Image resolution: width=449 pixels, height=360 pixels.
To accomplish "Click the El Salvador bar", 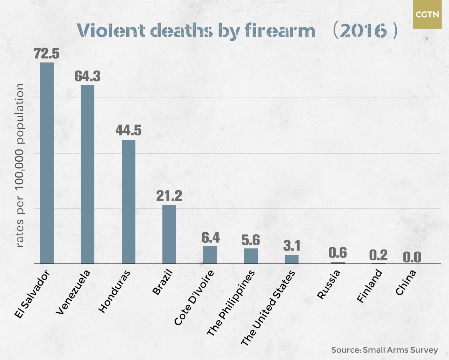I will tap(47, 163).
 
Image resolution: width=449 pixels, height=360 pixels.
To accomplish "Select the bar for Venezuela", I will tap(87, 174).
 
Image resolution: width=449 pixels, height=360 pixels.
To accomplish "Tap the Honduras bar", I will tap(128, 202).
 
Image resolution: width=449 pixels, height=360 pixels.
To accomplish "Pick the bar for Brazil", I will tap(169, 234).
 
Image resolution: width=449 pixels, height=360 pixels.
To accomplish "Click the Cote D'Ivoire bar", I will tap(210, 255).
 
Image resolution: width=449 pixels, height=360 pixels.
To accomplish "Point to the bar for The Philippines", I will tap(251, 256).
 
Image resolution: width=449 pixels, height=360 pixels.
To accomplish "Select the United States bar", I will tap(291, 259).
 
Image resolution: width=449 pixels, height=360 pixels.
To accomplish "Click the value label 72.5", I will tap(47, 53).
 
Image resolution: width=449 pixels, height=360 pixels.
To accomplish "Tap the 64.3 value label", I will tap(87, 76).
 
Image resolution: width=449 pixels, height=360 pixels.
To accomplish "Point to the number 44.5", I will tap(128, 130).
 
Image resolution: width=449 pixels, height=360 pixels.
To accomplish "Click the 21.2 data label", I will tap(169, 196).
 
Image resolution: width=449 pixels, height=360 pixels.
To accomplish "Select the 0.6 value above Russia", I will tap(337, 253).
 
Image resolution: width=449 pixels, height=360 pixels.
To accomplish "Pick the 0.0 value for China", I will tap(412, 257).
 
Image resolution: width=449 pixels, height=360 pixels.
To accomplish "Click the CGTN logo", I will tap(427, 14).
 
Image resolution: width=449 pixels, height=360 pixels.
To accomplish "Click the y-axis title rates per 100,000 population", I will tap(20, 165).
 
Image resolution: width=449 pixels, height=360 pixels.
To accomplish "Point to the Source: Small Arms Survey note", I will tap(384, 350).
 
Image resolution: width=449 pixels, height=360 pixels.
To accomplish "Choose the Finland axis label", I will tap(369, 286).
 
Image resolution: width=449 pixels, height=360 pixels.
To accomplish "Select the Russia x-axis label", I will tap(329, 284).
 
